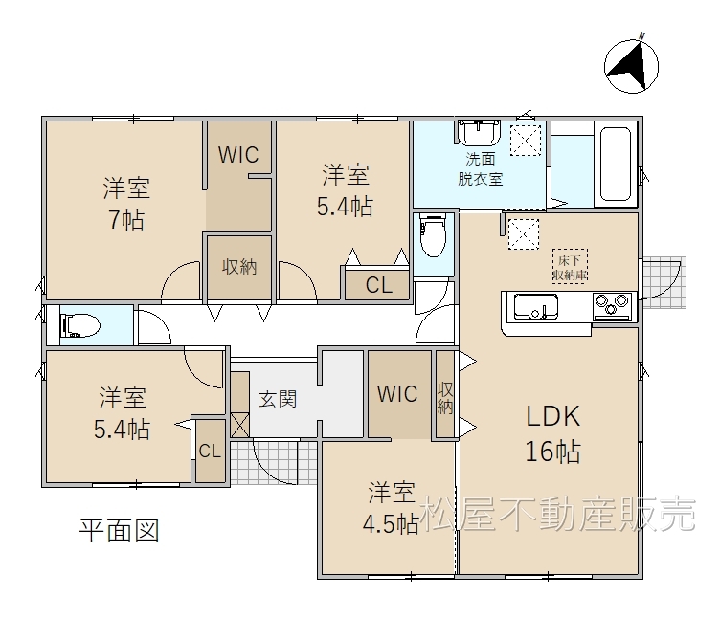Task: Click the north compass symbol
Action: tap(631, 66)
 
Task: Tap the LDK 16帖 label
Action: tap(552, 433)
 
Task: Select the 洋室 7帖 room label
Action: tap(126, 204)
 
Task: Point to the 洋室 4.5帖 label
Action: tap(392, 507)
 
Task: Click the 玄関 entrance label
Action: tap(278, 399)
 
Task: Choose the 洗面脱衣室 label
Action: tap(481, 168)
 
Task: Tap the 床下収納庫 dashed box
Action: tap(570, 266)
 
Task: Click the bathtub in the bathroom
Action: tap(616, 164)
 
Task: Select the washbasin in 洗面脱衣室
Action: tap(479, 132)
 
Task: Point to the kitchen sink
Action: tap(536, 306)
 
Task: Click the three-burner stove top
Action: tap(612, 305)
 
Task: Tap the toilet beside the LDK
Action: tap(433, 236)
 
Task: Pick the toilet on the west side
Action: tap(80, 325)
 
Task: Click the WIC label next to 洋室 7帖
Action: tap(238, 155)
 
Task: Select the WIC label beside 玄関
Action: tap(397, 393)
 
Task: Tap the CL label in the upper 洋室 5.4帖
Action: tap(379, 285)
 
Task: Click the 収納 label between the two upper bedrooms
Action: tap(239, 267)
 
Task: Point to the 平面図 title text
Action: tap(120, 531)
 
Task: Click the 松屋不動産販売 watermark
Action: tap(557, 514)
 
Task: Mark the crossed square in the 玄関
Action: tap(240, 425)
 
